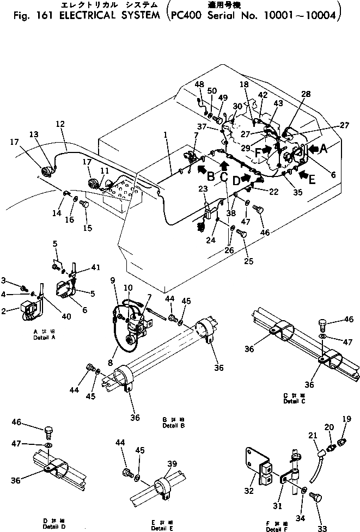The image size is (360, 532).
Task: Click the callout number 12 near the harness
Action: tap(60, 124)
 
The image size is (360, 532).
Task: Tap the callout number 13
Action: tap(34, 134)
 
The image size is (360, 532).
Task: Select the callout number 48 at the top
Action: tap(199, 84)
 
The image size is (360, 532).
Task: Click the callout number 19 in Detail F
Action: tap(347, 419)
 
